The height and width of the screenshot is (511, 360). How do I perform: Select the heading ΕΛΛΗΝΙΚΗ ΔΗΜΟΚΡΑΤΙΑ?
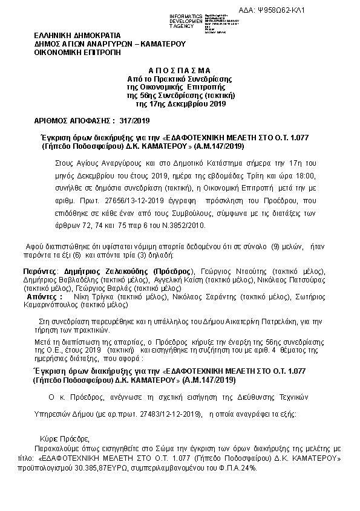point(77,36)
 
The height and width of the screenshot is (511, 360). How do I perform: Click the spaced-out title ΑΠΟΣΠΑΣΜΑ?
point(180,70)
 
